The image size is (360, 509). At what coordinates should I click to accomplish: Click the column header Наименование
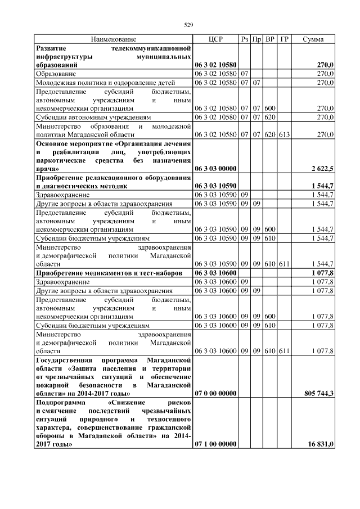[x=114, y=39]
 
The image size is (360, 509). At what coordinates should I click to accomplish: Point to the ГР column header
[x=284, y=39]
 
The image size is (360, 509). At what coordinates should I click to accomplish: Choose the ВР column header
[x=270, y=39]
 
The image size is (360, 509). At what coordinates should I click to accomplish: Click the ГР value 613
[x=284, y=134]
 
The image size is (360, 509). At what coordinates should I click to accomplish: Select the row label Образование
[x=56, y=74]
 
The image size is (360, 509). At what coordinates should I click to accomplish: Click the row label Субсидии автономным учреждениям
[x=93, y=118]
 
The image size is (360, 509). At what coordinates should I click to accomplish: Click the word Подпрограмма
[x=59, y=403]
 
